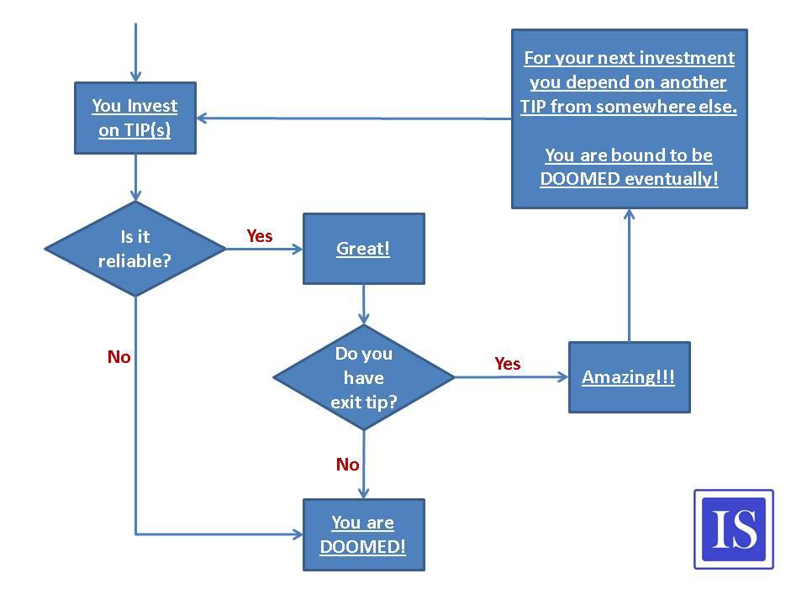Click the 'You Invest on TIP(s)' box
coord(135,118)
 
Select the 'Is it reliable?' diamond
coord(135,249)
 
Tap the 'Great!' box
coord(363,249)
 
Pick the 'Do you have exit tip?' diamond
coord(364,377)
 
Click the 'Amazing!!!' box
coord(629,377)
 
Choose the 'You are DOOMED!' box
coord(363,534)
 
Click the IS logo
coord(734,529)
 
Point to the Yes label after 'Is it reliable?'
coord(260,235)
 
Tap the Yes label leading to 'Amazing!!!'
coord(508,364)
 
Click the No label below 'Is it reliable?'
coord(119,356)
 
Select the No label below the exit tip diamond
coord(347,464)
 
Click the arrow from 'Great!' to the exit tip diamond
coord(364,304)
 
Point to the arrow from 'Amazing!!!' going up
coord(629,276)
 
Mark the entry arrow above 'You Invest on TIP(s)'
coord(135,52)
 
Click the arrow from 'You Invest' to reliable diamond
coord(135,177)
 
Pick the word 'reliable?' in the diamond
coord(134,260)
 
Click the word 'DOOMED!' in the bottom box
coord(363,546)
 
